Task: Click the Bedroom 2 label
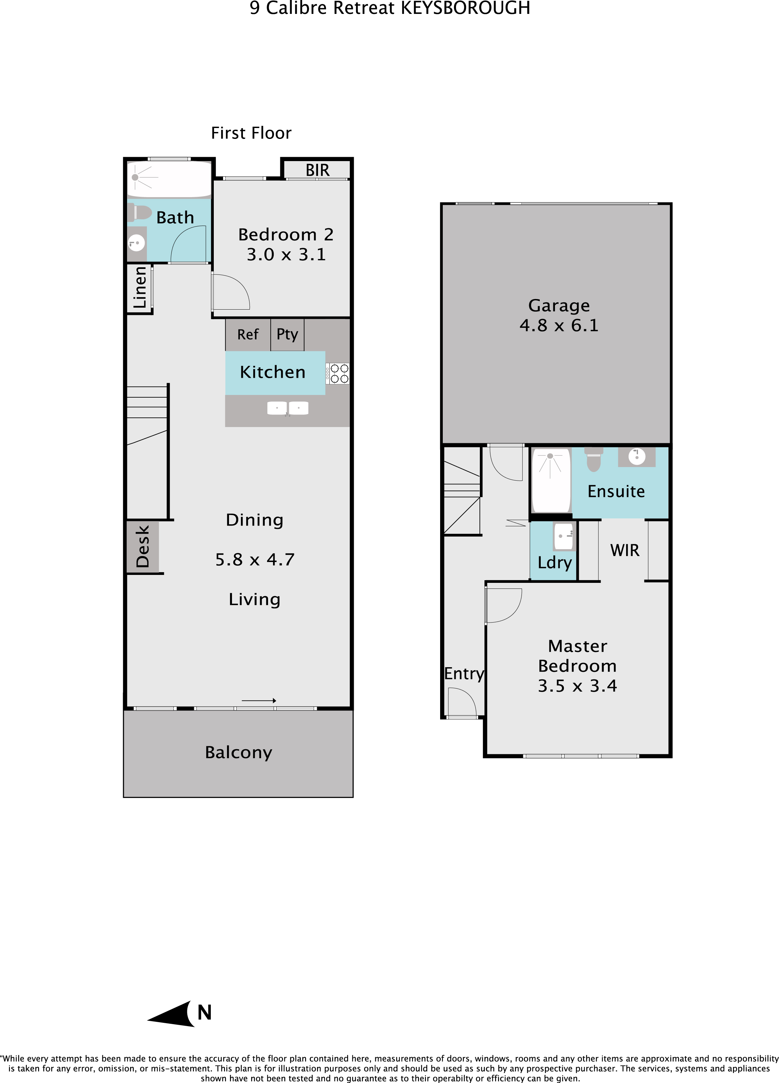[286, 235]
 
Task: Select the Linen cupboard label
[139, 287]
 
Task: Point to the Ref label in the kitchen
[248, 334]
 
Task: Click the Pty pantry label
[287, 334]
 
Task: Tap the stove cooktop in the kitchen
[338, 373]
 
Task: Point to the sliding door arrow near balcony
[259, 701]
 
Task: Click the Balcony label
[238, 753]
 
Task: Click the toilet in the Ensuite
[593, 459]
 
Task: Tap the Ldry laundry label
[555, 563]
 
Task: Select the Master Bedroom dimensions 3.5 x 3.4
[577, 686]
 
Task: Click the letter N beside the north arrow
[205, 1012]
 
